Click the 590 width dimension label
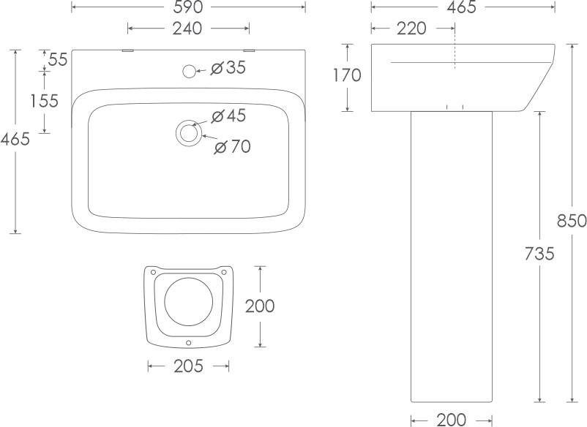tap(188, 7)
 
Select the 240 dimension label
tap(187, 29)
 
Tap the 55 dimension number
tap(58, 59)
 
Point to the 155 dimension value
tap(45, 101)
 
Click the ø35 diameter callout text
tap(228, 68)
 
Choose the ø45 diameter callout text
tap(229, 116)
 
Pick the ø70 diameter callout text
tap(233, 146)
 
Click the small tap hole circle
tap(190, 71)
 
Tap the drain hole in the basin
tap(189, 133)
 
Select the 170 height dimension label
tap(348, 75)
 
